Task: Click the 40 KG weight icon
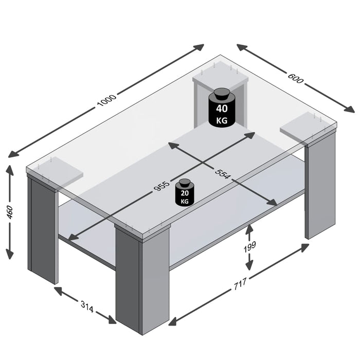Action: pos(222,107)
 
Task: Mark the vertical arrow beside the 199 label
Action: pos(249,247)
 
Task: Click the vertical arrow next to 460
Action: pos(9,212)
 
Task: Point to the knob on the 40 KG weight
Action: pos(222,93)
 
